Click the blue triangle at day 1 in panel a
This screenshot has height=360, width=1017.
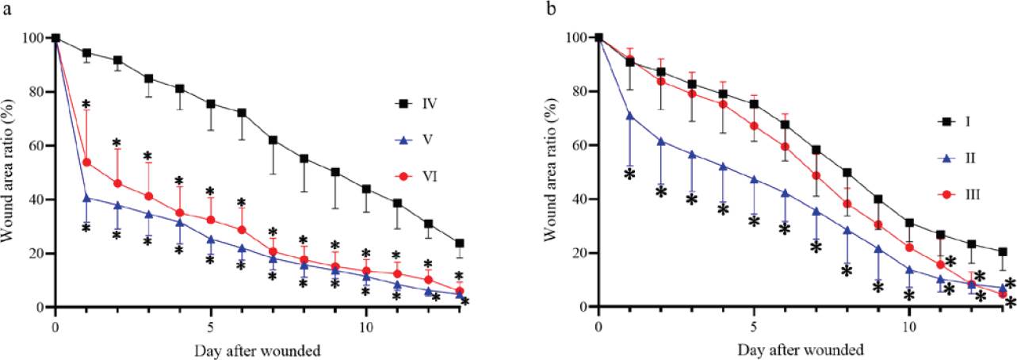click(x=86, y=198)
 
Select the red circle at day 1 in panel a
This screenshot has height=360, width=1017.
click(x=86, y=162)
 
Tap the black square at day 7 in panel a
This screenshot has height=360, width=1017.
click(x=273, y=140)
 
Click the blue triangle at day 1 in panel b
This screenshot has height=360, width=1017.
click(x=629, y=116)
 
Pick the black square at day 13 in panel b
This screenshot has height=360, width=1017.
click(x=1003, y=251)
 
